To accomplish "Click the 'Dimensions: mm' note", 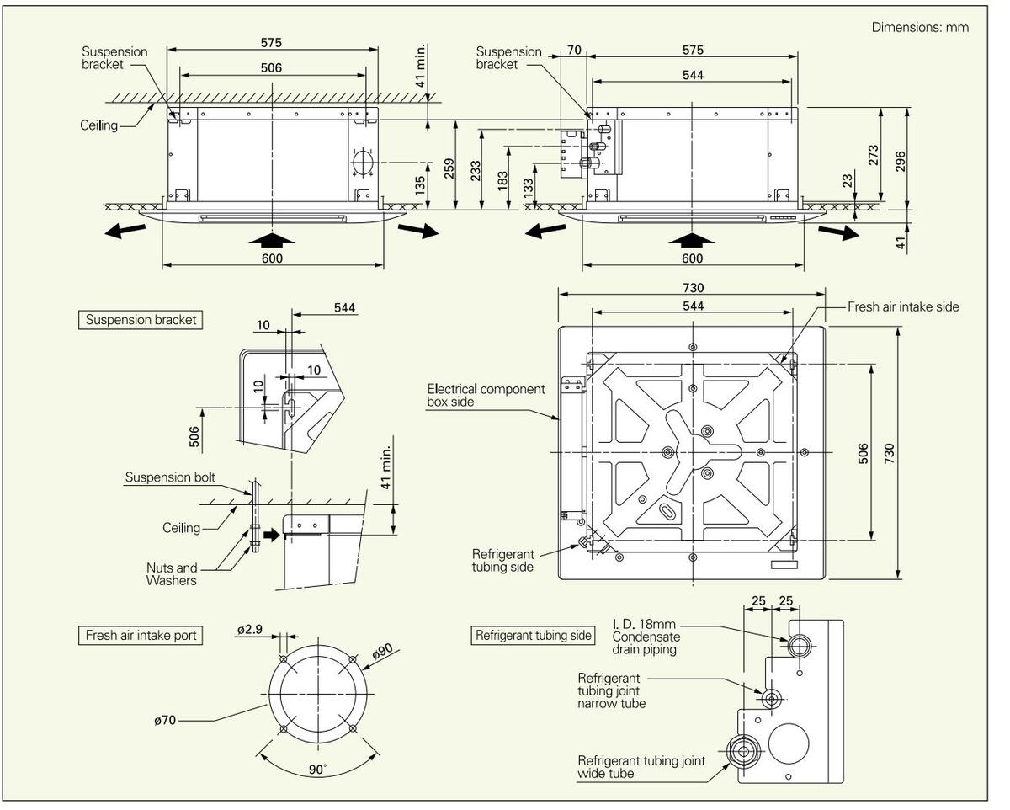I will click(x=920, y=28).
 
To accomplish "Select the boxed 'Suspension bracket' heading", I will click(x=141, y=320).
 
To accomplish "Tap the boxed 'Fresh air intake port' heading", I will click(x=141, y=635).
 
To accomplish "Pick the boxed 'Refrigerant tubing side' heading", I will click(x=534, y=636).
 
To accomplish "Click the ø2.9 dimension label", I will click(x=250, y=630).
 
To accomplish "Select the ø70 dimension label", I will click(x=166, y=720).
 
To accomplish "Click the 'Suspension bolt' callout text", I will click(x=170, y=477).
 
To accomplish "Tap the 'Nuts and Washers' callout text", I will click(x=172, y=574).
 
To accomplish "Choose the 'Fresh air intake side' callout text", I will click(x=903, y=307).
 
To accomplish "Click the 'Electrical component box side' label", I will click(x=486, y=396).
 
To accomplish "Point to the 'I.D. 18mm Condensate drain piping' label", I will click(x=645, y=637).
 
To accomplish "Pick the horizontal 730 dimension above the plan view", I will click(x=693, y=289).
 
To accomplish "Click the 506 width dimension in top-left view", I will click(x=271, y=67).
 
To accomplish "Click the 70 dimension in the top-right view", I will click(x=574, y=51).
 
